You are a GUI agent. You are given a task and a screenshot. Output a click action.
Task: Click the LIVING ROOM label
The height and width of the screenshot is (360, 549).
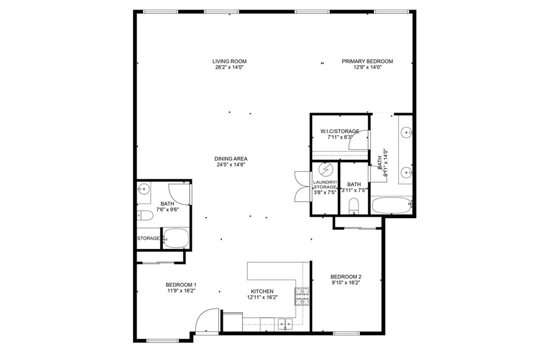[x=229, y=61]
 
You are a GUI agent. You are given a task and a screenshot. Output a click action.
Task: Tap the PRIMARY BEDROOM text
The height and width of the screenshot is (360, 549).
[x=367, y=61]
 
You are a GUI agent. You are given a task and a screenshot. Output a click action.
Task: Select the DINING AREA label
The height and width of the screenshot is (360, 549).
[x=231, y=159]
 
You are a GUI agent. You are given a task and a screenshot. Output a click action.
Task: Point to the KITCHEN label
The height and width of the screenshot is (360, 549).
[x=262, y=291]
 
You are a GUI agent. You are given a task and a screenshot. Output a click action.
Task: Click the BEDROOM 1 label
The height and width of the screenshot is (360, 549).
[x=181, y=285]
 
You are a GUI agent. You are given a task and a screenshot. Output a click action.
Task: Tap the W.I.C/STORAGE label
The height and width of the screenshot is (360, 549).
[x=339, y=131]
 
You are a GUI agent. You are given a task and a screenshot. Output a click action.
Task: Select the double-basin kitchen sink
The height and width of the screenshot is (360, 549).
[x=284, y=322]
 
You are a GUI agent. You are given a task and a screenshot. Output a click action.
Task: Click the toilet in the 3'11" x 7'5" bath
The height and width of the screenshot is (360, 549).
[x=353, y=205]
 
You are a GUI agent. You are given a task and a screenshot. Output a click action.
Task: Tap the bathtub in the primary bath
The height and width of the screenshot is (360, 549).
[x=392, y=205]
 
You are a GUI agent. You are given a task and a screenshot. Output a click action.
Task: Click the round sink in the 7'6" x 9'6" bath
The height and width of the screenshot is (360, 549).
[x=143, y=189]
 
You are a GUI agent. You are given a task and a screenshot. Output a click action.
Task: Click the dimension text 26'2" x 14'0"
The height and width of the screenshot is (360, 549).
[x=229, y=67]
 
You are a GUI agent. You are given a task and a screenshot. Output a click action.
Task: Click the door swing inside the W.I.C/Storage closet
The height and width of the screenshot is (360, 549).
[x=358, y=141]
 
